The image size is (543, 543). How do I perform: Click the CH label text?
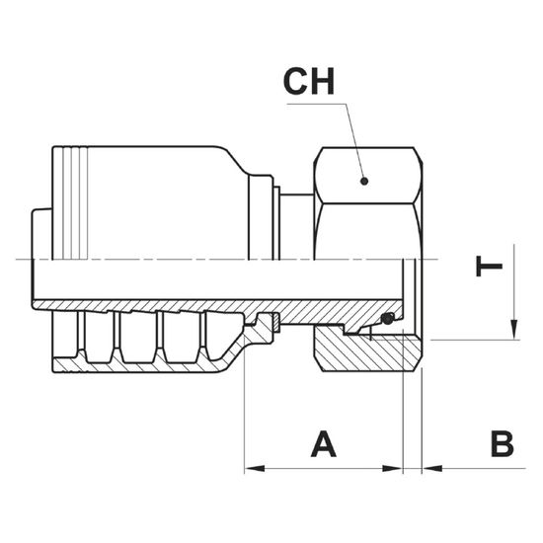click(309, 82)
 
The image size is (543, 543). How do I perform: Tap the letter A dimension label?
click(324, 444)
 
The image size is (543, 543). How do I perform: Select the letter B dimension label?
click(502, 444)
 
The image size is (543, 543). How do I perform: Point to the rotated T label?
click(489, 267)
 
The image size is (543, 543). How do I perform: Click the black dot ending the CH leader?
click(364, 181)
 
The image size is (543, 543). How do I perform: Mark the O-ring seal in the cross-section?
click(388, 319)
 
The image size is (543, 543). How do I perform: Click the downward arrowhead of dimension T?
click(514, 330)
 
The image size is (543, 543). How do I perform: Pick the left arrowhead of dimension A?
click(255, 469)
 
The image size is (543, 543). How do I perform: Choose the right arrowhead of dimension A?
click(392, 469)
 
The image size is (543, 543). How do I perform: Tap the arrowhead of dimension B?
click(432, 469)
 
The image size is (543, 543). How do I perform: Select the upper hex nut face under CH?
click(368, 176)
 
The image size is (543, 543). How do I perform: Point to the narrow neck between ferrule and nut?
click(297, 227)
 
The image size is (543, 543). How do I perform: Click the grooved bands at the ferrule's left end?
click(70, 203)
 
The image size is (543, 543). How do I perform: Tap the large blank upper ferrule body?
click(166, 203)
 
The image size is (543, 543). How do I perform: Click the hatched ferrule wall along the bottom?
click(138, 367)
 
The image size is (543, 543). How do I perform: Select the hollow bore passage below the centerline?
click(218, 279)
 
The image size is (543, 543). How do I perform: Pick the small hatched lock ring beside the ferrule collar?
click(276, 323)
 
